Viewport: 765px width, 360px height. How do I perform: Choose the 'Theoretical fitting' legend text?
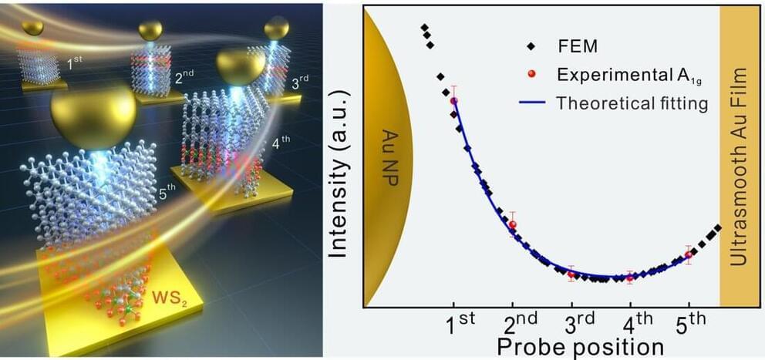(632, 103)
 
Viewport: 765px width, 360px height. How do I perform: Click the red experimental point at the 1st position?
(454, 100)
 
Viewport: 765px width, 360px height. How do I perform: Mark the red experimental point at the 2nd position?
(513, 224)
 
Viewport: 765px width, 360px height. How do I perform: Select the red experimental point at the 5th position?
(689, 254)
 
